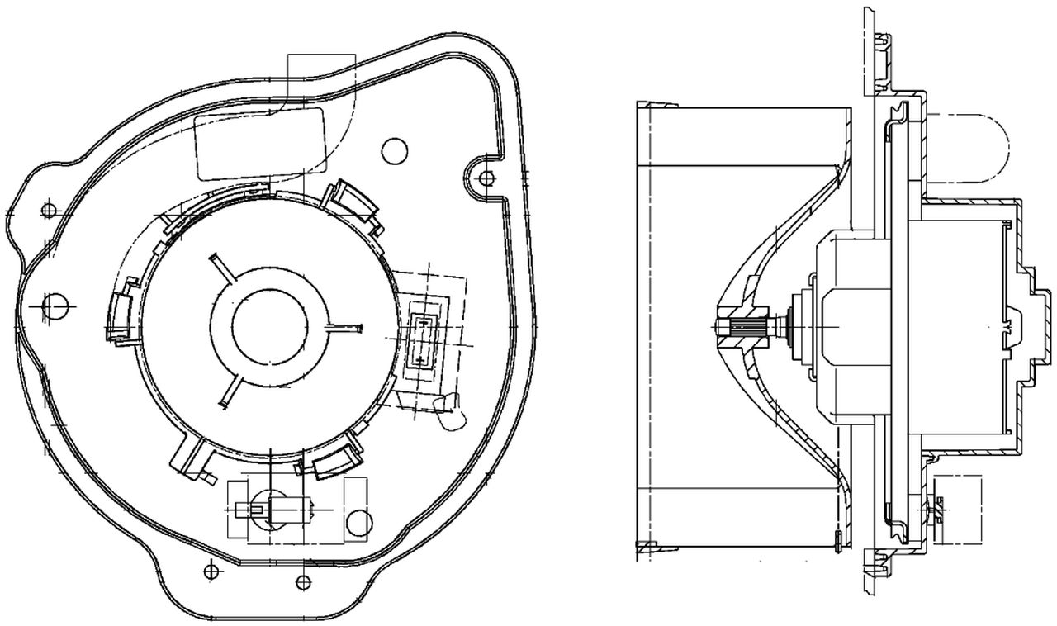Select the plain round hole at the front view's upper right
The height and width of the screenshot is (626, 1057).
[395, 149]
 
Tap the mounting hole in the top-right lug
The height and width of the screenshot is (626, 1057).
[487, 177]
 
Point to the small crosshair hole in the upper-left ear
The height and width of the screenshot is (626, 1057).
[49, 210]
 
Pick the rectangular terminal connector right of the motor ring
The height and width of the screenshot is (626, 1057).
[424, 339]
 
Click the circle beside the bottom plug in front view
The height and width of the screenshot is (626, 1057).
[358, 522]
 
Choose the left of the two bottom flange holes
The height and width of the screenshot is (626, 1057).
[211, 569]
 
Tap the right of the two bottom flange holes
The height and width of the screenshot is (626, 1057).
[305, 583]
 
